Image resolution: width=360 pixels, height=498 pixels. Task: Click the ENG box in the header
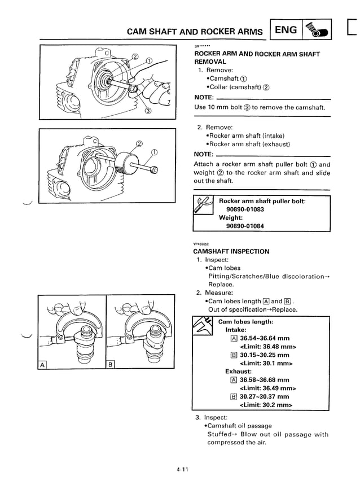tap(286, 29)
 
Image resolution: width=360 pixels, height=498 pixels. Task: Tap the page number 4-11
tap(180, 472)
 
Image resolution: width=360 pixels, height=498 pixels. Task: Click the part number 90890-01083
tap(245, 209)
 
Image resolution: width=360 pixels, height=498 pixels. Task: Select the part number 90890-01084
tap(245, 226)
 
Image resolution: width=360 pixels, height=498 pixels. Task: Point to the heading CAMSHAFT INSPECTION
tap(231, 251)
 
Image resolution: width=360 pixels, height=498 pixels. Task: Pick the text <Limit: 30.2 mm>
tap(266, 405)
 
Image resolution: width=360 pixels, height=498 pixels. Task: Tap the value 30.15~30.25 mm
tap(264, 355)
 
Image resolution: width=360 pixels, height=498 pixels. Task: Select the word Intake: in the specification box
tap(236, 330)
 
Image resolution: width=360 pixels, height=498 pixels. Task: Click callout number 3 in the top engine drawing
tap(148, 111)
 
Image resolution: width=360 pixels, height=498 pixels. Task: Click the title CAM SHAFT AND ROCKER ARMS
tap(195, 32)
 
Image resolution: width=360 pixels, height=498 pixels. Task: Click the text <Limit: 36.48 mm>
tap(268, 347)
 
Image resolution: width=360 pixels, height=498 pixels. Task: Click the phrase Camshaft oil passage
tap(240, 426)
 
